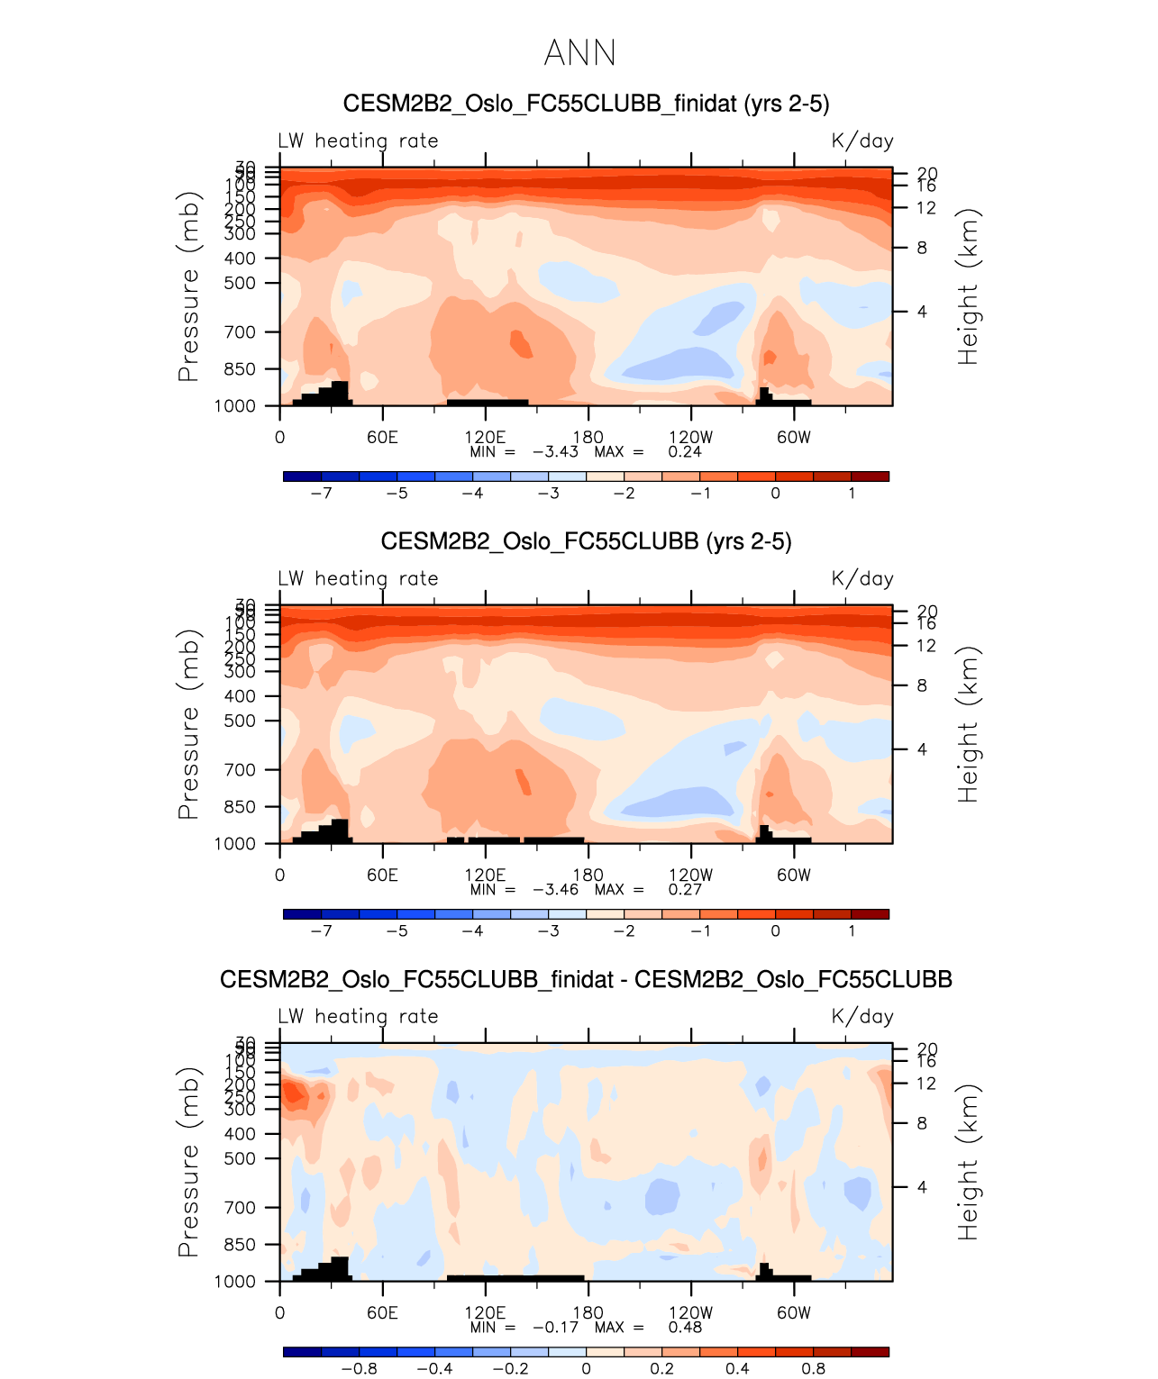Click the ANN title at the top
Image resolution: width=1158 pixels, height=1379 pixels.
point(579,53)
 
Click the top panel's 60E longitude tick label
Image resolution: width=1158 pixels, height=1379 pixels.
point(382,438)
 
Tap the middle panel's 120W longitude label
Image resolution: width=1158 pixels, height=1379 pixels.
point(690,875)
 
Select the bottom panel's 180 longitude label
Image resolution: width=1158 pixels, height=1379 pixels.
point(588,1313)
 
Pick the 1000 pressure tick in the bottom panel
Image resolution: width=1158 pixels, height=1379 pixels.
point(235,1282)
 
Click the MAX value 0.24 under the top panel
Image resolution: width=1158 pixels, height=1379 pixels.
point(685,452)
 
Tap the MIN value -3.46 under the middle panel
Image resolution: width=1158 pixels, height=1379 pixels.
point(556,890)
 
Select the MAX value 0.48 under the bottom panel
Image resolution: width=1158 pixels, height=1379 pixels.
point(685,1328)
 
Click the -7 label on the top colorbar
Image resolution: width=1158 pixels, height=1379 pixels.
point(321,494)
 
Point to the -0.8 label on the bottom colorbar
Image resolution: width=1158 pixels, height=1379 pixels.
point(359,1369)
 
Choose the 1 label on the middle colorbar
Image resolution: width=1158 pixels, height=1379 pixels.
point(852,931)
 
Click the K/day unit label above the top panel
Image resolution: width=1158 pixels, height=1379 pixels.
point(862,141)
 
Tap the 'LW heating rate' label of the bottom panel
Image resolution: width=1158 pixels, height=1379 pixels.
point(358,1017)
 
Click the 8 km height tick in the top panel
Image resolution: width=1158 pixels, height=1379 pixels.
point(922,248)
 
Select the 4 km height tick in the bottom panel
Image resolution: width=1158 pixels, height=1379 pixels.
point(922,1187)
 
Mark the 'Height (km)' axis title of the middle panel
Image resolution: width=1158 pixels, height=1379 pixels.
point(968,725)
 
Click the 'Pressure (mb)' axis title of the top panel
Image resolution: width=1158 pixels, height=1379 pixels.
point(187,286)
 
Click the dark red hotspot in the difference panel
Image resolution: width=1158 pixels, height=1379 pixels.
point(293,1093)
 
